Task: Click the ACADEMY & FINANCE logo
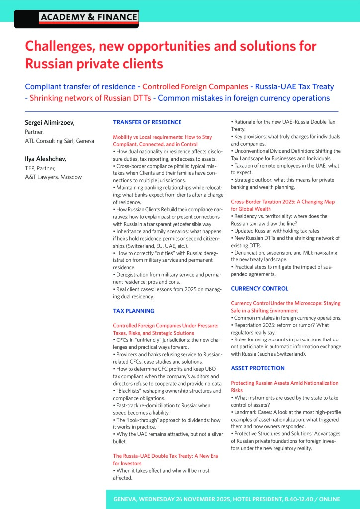click(x=88, y=18)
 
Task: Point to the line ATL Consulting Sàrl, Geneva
click(x=59, y=141)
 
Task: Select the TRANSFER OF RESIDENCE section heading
click(x=147, y=122)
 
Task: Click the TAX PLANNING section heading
click(x=134, y=311)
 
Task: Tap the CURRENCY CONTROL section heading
click(x=260, y=289)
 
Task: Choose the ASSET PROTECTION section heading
click(x=258, y=368)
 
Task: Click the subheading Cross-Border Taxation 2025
click(x=282, y=202)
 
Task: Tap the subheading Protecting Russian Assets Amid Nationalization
click(x=284, y=383)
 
